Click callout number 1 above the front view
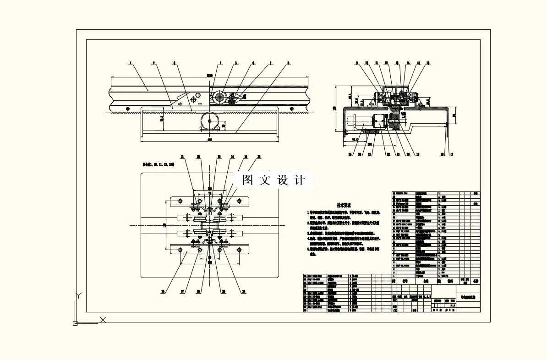coord(131,62)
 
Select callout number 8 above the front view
coord(288,62)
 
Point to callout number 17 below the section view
coord(451,154)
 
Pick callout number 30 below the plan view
coord(244,291)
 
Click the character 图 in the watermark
coord(248,180)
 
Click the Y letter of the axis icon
coord(78,296)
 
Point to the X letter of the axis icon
coord(103,320)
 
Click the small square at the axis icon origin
coord(75,323)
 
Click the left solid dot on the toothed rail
coord(128,109)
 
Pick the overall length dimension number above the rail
coord(210,75)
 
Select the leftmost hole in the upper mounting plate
coord(180,201)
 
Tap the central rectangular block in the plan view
coord(210,225)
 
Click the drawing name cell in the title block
coord(468,297)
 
